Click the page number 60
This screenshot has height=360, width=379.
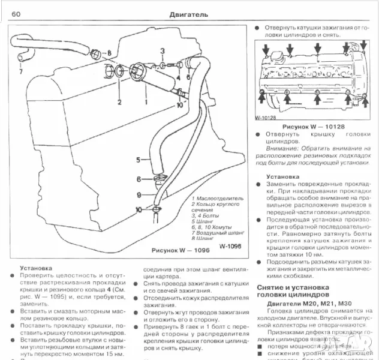(16, 14)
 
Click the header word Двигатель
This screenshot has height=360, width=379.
(189, 14)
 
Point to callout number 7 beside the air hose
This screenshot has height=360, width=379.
(20, 72)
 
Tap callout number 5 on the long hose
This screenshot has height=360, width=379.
(138, 160)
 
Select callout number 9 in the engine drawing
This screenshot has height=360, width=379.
(138, 194)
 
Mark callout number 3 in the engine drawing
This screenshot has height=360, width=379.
(163, 50)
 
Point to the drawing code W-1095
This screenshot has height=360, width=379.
(231, 246)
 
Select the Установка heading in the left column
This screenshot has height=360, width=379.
(35, 268)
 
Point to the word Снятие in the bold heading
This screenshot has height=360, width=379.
(273, 287)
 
